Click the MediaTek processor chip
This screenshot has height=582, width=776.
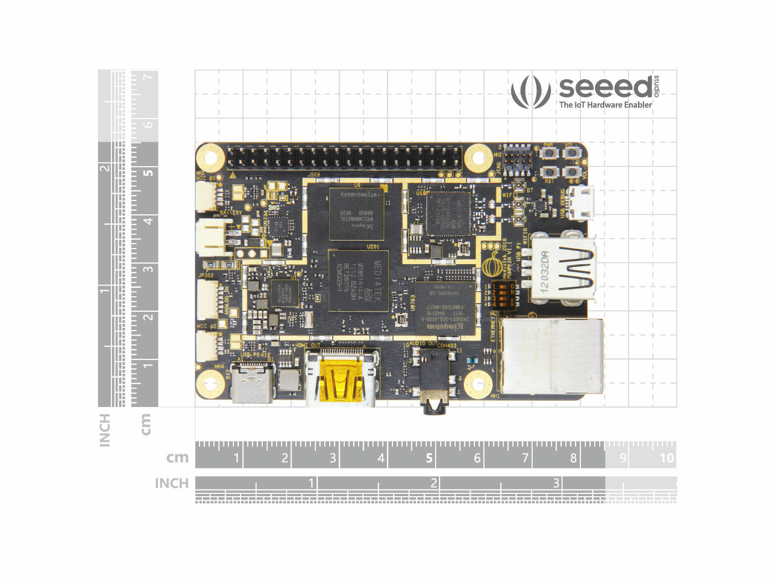[358, 280]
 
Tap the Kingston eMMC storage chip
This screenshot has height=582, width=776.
[445, 308]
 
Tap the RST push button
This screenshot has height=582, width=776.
[549, 171]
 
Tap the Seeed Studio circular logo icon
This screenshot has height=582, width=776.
[531, 91]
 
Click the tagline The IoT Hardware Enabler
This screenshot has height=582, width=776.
[605, 105]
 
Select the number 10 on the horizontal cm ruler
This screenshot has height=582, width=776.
[666, 458]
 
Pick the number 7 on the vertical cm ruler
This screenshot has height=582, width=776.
[147, 76]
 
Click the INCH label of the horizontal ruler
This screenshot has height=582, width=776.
[172, 483]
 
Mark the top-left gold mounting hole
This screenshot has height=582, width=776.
[211, 157]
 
